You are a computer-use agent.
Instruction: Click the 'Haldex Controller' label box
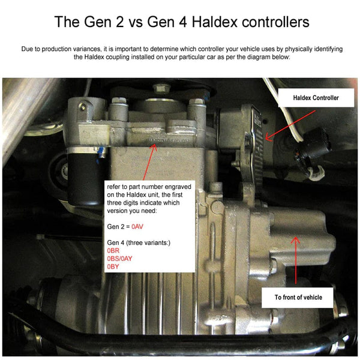[316, 97]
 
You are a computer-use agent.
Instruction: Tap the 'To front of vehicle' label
[298, 297]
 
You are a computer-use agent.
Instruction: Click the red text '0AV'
[138, 227]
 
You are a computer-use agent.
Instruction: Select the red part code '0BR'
[113, 248]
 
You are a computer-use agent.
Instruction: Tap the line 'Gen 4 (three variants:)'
[139, 240]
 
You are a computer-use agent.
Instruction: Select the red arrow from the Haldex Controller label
[268, 128]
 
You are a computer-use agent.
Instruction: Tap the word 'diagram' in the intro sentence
[256, 57]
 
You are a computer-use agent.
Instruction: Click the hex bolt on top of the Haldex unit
[159, 89]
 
